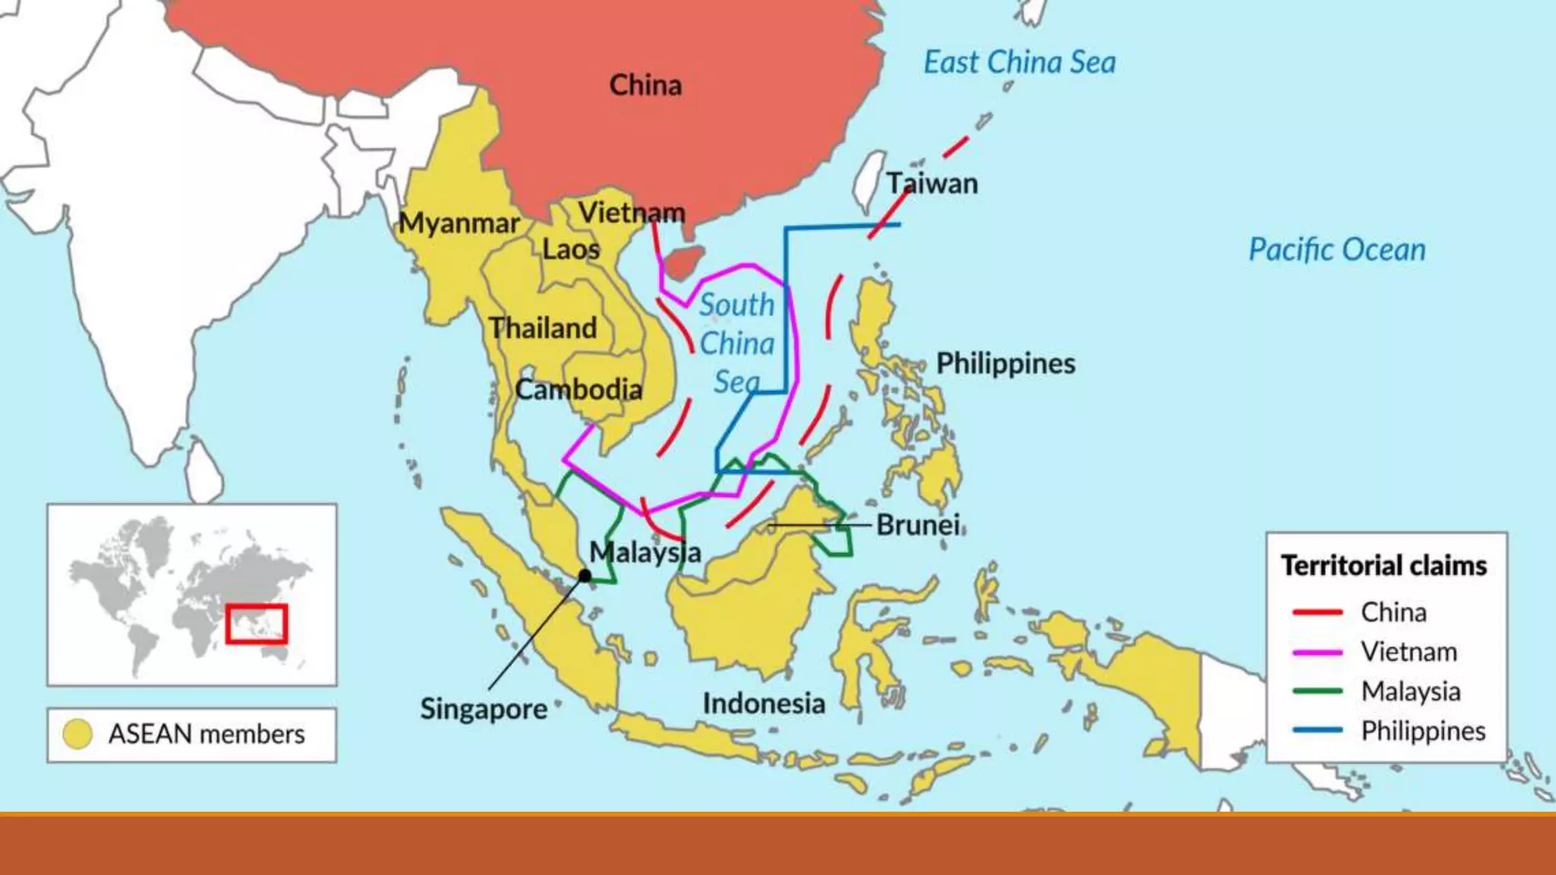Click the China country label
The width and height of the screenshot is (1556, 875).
[x=645, y=85]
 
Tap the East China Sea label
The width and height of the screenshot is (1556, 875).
[x=1019, y=62]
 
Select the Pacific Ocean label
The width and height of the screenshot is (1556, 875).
[x=1336, y=250]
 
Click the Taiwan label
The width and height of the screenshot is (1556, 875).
[x=932, y=184]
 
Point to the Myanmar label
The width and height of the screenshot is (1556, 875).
[x=459, y=223]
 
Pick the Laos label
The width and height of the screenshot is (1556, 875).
[x=571, y=249]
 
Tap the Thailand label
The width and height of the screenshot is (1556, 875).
[x=542, y=328]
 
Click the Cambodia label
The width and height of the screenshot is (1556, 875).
[x=578, y=390]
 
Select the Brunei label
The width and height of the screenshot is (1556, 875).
[x=918, y=525]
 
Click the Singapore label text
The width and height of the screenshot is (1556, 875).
[x=483, y=709]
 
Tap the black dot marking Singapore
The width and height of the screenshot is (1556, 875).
[x=584, y=576]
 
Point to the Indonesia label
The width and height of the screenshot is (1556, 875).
[x=763, y=703]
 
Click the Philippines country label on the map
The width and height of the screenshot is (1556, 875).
[x=1005, y=364]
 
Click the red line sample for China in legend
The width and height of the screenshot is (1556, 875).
[x=1317, y=612]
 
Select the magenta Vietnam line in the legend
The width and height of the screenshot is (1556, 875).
[x=1317, y=652]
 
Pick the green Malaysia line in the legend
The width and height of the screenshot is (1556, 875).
[x=1317, y=691]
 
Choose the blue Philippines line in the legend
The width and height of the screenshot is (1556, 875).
[x=1317, y=731]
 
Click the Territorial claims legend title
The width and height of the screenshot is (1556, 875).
[x=1384, y=566]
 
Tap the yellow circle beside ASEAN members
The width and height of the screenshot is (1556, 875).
[x=77, y=734]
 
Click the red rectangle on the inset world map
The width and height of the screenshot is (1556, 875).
[x=256, y=624]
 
